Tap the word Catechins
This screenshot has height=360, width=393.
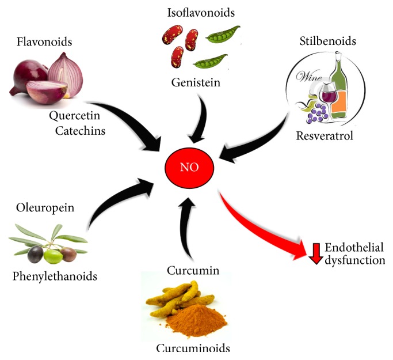[x=81, y=131]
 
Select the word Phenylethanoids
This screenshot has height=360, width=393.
[x=55, y=276]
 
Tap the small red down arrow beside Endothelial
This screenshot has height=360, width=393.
[x=315, y=253]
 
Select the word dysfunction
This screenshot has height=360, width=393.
[x=354, y=260]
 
